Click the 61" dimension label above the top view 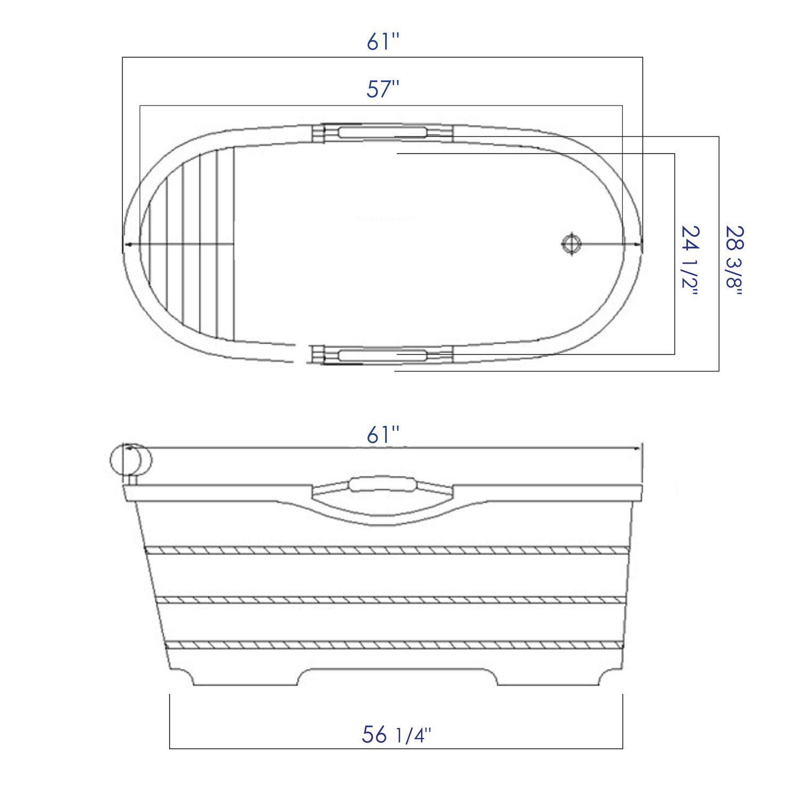click(382, 42)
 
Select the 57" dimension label click(382, 89)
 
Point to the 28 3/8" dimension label click(734, 260)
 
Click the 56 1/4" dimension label click(396, 735)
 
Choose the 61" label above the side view click(382, 435)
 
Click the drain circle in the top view click(571, 244)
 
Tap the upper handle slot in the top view click(382, 132)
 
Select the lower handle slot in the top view click(382, 355)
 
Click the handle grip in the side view click(382, 484)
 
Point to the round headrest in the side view click(131, 459)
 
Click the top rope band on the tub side click(387, 550)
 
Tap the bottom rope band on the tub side click(393, 645)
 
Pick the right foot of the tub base click(549, 677)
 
